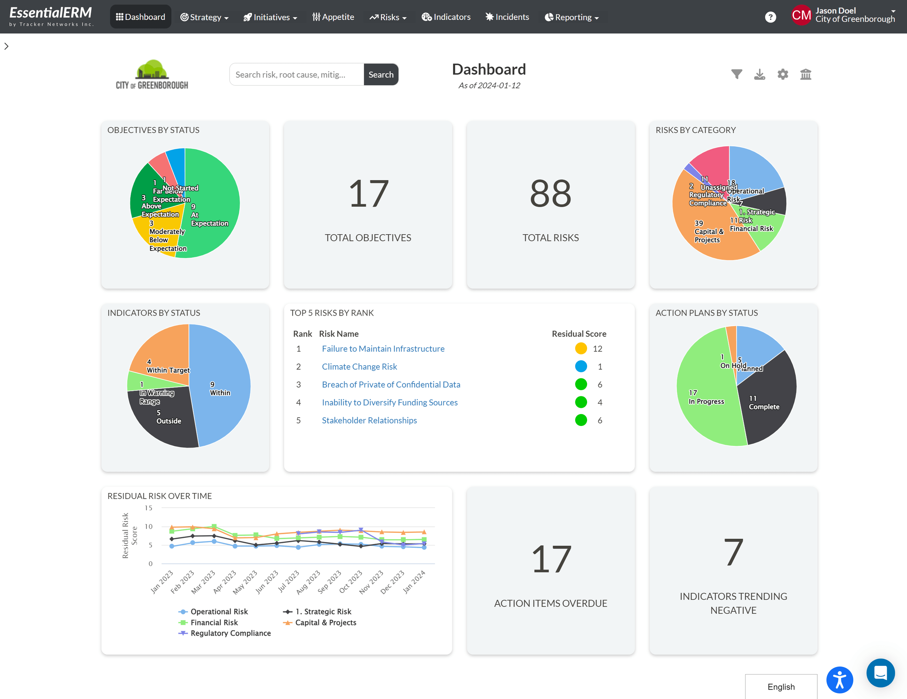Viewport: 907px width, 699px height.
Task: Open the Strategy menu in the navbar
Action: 204,17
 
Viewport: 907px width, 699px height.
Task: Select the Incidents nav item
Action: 507,17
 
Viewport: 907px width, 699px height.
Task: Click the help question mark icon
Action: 770,17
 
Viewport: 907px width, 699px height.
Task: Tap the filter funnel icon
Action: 736,74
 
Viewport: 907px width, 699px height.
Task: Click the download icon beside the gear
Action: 759,74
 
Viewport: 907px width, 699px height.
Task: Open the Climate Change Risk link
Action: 359,367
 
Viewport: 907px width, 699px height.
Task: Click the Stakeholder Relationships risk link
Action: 369,420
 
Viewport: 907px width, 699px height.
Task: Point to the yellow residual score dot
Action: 580,349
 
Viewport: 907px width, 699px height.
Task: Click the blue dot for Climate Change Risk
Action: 580,367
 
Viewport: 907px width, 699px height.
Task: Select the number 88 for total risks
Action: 550,194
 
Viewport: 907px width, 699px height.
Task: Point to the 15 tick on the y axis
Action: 148,508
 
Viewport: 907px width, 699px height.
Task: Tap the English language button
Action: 781,686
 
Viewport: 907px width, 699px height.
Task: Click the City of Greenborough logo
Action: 152,74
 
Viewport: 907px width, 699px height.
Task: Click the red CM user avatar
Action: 801,15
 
